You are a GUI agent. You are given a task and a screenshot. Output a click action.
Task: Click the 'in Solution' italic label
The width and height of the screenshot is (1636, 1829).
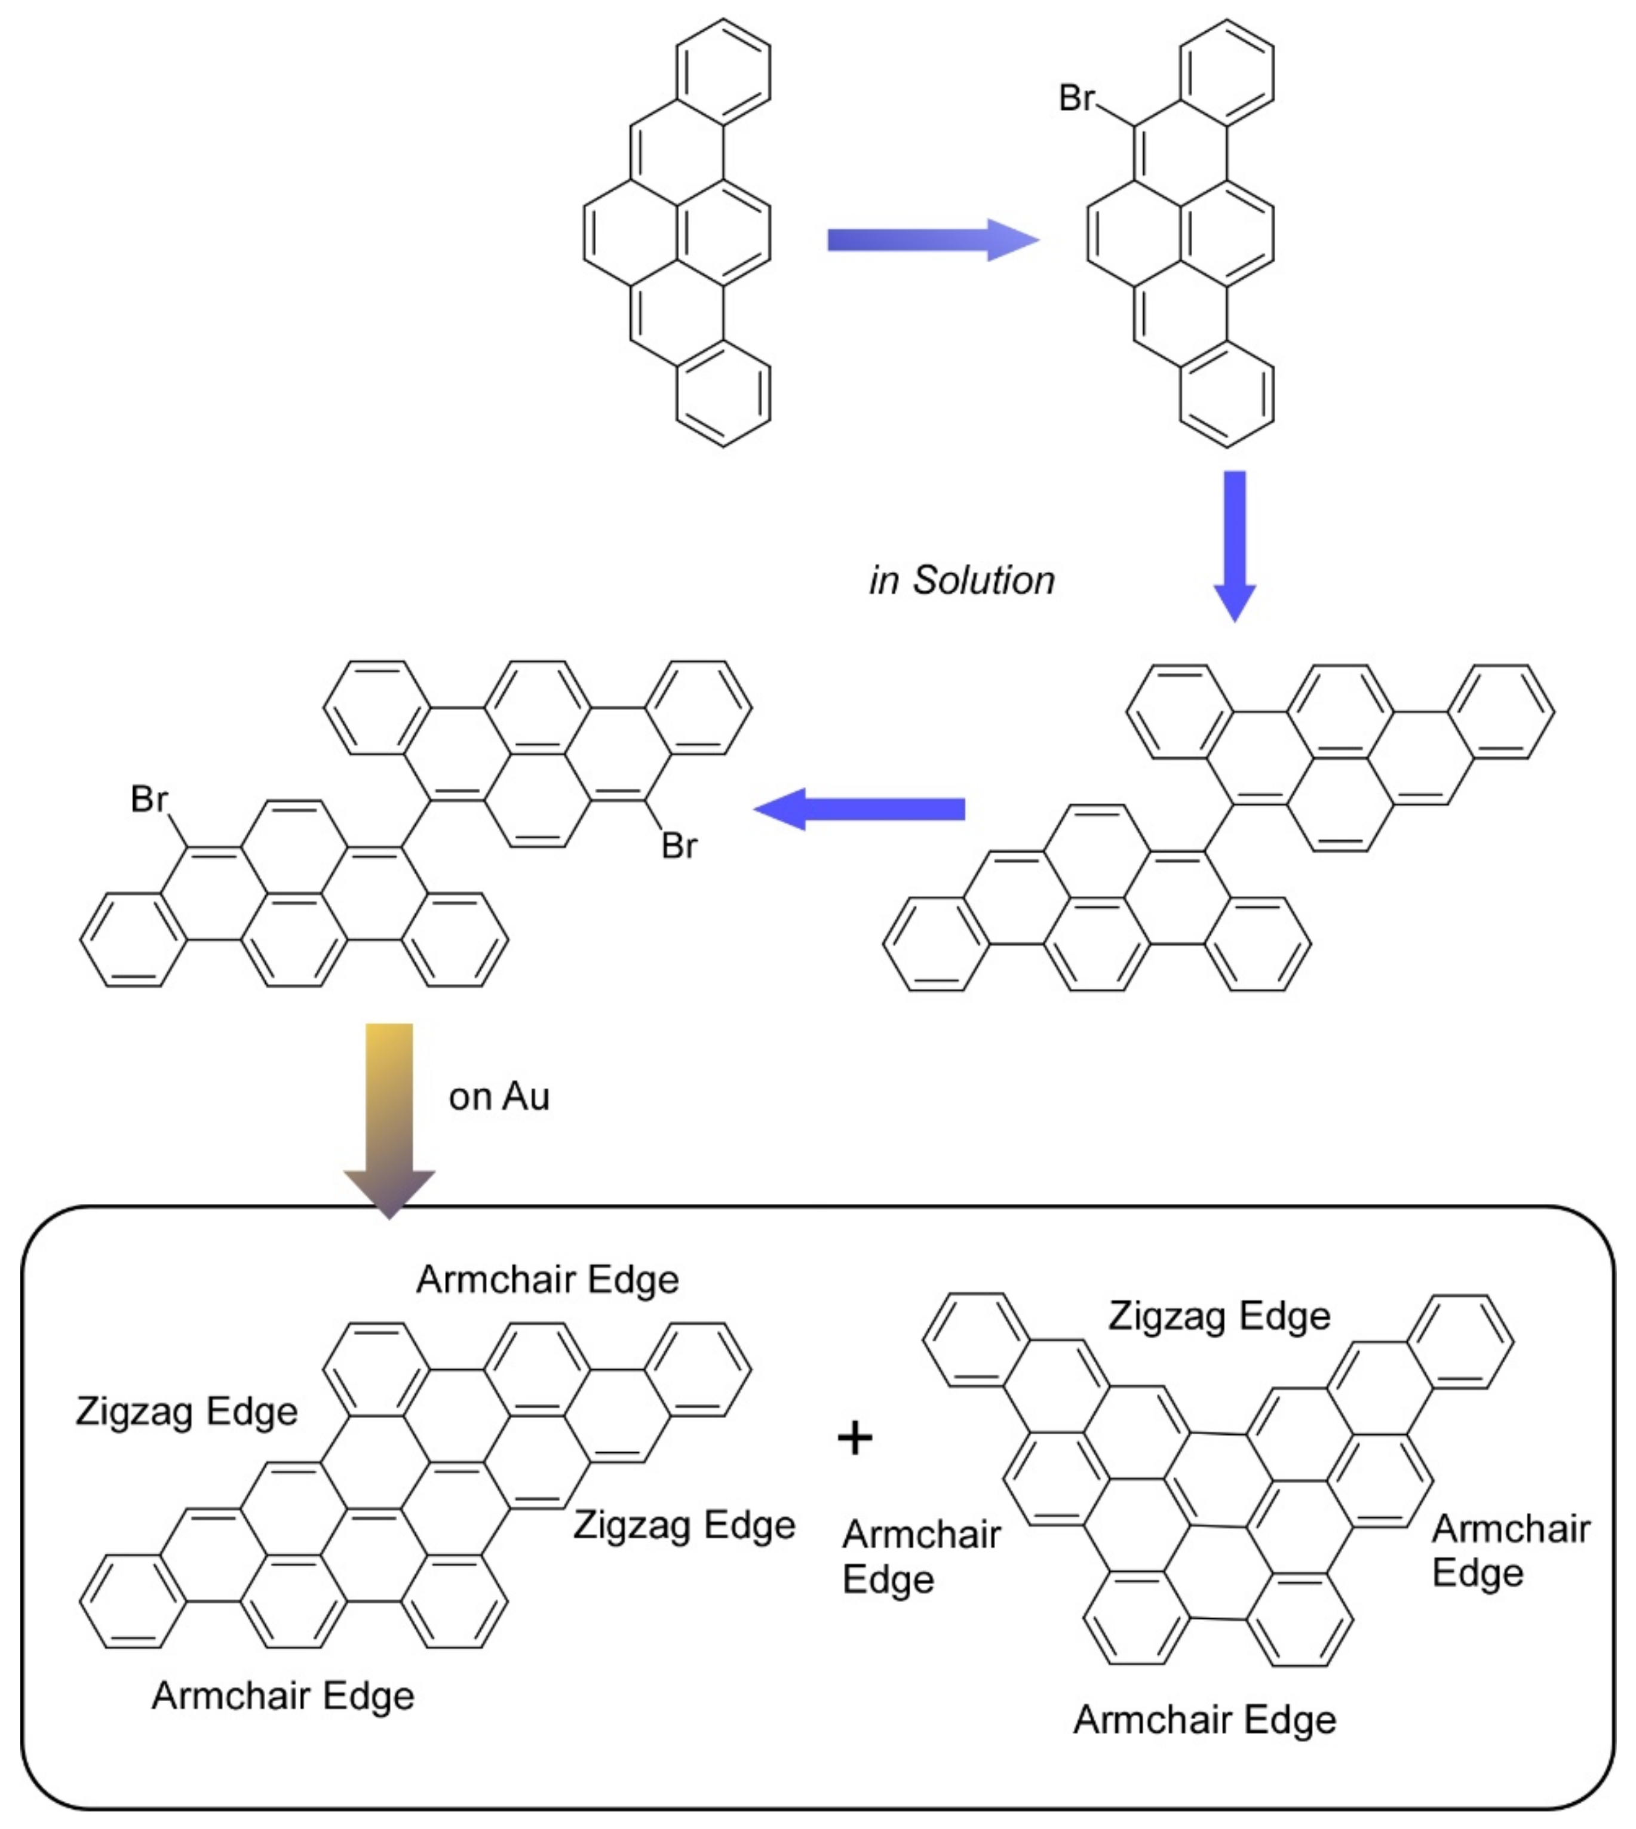[x=961, y=580]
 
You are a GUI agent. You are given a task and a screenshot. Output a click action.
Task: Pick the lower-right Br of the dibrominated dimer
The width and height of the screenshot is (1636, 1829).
[x=679, y=846]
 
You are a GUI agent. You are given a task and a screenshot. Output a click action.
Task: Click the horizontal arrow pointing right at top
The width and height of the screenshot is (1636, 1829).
[x=932, y=240]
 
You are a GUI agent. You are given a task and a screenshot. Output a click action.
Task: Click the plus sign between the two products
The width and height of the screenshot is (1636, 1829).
[x=855, y=1438]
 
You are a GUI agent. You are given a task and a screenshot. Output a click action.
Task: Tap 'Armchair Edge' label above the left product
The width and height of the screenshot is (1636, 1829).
[x=548, y=1280]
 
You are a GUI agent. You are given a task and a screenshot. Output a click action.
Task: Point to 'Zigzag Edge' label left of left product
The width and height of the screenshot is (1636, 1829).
[x=186, y=1411]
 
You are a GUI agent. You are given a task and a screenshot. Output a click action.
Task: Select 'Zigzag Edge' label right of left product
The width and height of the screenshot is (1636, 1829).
[x=684, y=1525]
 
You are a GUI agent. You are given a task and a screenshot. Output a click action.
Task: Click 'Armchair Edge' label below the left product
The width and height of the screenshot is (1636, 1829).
[x=283, y=1696]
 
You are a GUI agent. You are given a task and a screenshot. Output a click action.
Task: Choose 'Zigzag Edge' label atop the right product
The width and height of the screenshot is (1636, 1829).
[x=1219, y=1316]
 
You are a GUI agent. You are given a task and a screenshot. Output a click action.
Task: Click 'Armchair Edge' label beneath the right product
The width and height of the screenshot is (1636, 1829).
[x=1205, y=1719]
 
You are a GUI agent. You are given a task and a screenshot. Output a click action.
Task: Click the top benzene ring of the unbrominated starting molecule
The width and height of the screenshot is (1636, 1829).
[x=723, y=71]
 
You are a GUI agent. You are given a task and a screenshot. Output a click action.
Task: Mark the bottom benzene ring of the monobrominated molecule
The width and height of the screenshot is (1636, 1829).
[x=1226, y=394]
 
